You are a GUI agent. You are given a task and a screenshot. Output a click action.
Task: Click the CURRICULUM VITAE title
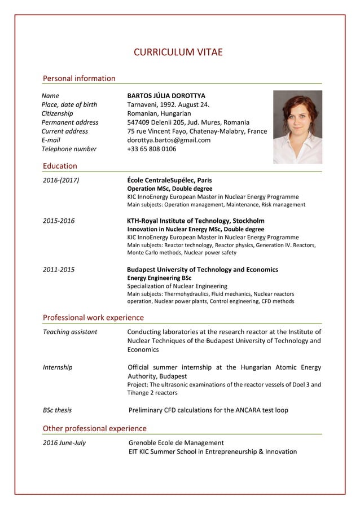tap(178, 53)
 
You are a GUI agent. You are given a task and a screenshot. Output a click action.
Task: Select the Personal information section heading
tap(79, 78)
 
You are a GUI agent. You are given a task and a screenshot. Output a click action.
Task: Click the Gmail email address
tap(169, 140)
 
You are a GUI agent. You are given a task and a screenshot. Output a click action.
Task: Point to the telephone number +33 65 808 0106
tap(152, 149)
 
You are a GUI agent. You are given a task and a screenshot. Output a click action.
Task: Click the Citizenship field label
tap(62, 113)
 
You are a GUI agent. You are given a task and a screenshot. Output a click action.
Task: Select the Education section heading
tap(60, 166)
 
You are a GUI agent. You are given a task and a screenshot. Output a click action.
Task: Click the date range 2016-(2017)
tap(61, 181)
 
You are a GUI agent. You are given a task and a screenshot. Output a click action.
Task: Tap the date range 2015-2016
tap(59, 221)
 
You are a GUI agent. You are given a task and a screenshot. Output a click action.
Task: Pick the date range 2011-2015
tap(59, 270)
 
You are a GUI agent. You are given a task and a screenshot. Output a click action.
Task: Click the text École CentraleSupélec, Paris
tap(169, 181)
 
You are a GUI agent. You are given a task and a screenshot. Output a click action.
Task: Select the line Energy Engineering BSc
tap(159, 278)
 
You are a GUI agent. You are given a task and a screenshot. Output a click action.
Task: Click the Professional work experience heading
tap(93, 318)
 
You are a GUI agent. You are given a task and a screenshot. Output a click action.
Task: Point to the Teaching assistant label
tap(70, 332)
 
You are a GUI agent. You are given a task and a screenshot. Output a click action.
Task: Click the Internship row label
tap(58, 367)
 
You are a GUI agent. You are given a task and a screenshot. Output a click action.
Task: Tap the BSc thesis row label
tap(57, 410)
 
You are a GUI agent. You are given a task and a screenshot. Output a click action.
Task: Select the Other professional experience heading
tap(94, 428)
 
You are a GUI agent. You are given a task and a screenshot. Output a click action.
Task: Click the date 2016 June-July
tap(64, 442)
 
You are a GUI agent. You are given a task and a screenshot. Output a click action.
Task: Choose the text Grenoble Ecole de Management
tap(176, 442)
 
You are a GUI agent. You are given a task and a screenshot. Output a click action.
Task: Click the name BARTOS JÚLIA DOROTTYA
tap(166, 96)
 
